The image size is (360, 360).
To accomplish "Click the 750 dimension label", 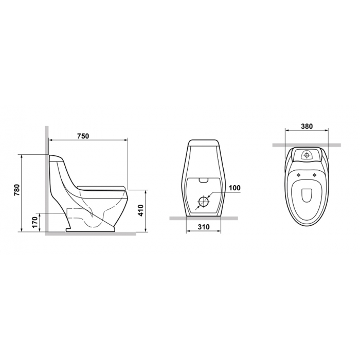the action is pos(83,136).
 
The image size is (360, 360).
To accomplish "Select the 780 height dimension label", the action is pos(17,190).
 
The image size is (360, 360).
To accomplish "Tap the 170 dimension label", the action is pos(34,222).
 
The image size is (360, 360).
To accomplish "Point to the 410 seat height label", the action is pos(140,210).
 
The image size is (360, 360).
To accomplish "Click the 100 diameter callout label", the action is pos(235,188).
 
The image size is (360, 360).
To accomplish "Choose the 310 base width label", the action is pos(204,227).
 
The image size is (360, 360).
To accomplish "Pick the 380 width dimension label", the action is pos(307,127).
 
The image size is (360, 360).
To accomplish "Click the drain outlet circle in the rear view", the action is pos(203,202).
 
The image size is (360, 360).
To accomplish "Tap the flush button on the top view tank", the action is pos(307,155).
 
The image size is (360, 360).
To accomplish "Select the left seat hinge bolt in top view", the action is pos(298,175).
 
